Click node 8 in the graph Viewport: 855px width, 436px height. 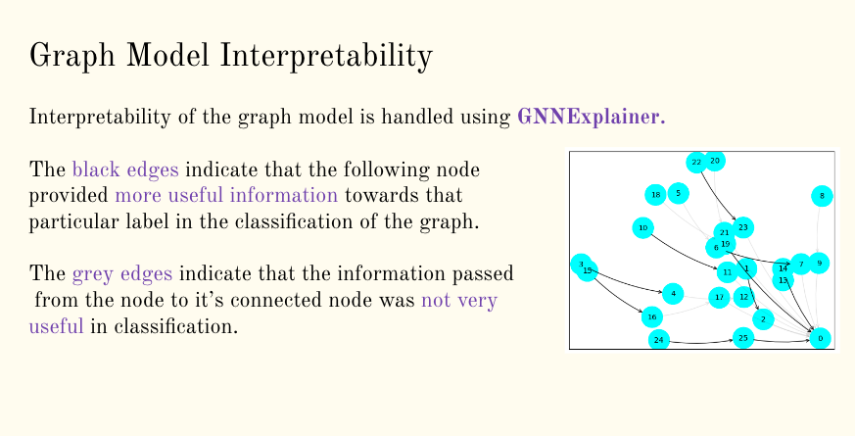tap(822, 197)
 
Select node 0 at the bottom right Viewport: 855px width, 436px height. tap(820, 338)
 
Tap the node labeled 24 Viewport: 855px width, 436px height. tap(659, 340)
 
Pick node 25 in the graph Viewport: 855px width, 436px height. tap(742, 338)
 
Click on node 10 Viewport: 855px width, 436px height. tap(642, 228)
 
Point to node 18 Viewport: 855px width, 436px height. tap(654, 194)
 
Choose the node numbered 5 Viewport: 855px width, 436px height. tap(678, 193)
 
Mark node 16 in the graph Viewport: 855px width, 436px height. tap(651, 316)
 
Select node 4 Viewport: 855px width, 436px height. tap(672, 293)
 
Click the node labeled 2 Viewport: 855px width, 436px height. tap(765, 318)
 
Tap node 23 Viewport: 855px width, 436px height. tap(743, 227)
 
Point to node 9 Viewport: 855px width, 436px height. tap(819, 263)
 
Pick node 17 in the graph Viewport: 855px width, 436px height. tap(719, 296)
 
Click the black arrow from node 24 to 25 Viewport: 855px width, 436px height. tap(700, 342)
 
